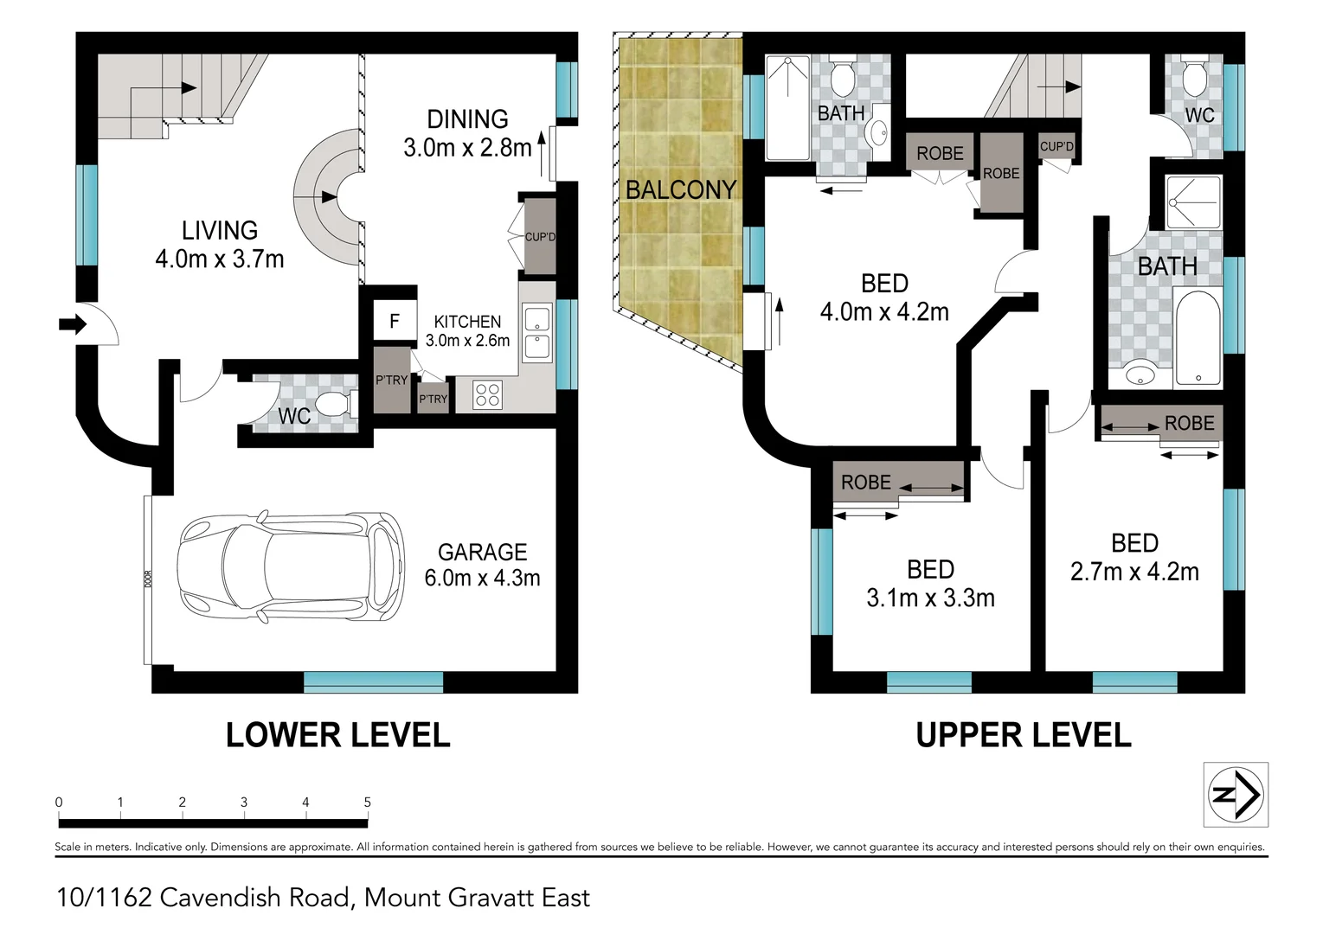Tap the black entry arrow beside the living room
point(73,324)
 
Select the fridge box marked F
point(394,322)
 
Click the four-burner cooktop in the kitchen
point(487,395)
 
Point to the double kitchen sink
point(536,333)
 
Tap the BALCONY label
point(680,189)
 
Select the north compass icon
point(1236,794)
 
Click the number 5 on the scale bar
point(367,802)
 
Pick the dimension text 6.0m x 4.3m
point(482,578)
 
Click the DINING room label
point(467,119)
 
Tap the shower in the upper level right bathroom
point(1193,202)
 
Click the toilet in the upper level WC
point(1195,80)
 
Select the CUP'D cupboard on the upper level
point(1056,146)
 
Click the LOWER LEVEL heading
point(337,735)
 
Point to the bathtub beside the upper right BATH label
point(1198,338)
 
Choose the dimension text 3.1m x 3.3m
point(930,598)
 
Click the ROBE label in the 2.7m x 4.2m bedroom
point(1189,423)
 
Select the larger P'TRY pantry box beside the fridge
point(391,380)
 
